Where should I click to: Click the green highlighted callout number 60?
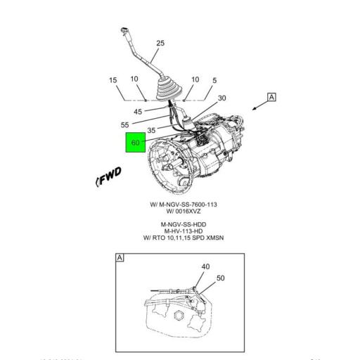coord(136,143)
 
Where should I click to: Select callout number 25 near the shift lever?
coord(160,44)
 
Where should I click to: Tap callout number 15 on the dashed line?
coord(112,80)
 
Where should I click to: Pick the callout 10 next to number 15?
coord(134,80)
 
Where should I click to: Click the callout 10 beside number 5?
coord(195,80)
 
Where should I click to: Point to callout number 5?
coord(214,80)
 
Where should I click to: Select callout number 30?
coord(221,98)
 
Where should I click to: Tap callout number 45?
coord(138,110)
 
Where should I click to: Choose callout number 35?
coord(151,130)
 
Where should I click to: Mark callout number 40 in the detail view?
coord(205,266)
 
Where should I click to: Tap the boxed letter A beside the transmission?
coord(271,98)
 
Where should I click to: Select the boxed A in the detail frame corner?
coord(120,258)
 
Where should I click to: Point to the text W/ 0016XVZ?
coord(183,211)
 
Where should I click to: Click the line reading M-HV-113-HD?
coord(183,231)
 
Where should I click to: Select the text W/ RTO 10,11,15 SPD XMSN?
coord(183,238)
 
